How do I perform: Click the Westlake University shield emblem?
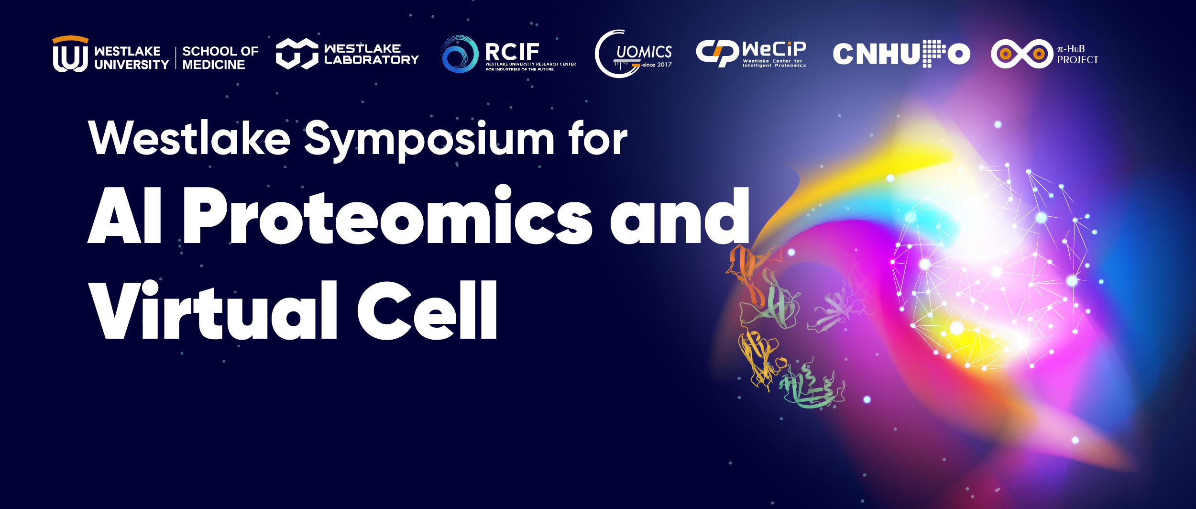(x=70, y=54)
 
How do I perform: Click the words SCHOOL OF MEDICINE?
(x=220, y=58)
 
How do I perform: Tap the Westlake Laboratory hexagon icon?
(x=297, y=54)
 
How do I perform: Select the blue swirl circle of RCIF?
(x=460, y=54)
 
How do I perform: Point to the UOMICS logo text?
(x=644, y=52)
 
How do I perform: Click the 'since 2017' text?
(x=657, y=65)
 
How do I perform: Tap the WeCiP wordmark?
(x=774, y=49)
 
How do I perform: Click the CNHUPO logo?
(x=901, y=54)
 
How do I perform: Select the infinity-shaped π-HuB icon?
(x=1022, y=54)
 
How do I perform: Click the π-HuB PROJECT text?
(x=1077, y=55)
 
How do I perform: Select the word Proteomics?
(x=387, y=215)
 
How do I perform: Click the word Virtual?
(x=213, y=310)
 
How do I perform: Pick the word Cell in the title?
(x=428, y=310)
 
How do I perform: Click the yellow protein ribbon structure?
(x=760, y=356)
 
